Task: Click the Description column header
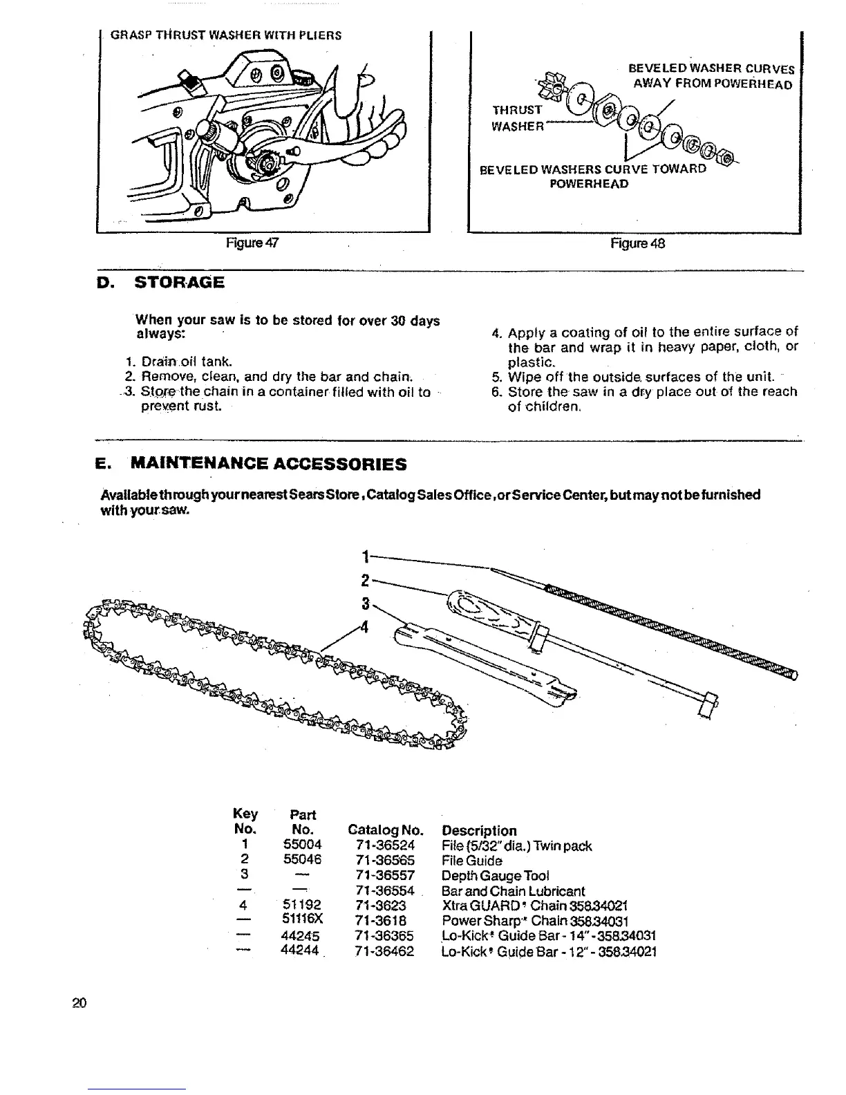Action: pyautogui.click(x=479, y=830)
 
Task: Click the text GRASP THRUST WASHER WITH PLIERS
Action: pyautogui.click(x=225, y=35)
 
